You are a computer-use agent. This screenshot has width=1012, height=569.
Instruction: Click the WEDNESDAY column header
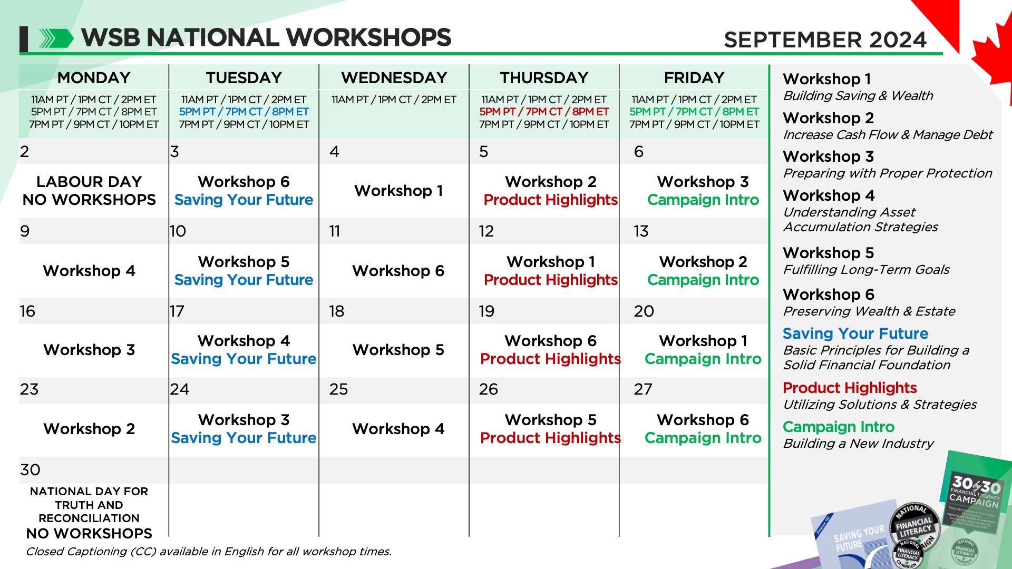click(394, 77)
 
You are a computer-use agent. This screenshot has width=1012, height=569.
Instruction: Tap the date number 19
click(486, 311)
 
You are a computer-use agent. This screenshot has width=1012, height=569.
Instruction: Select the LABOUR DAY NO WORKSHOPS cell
click(89, 191)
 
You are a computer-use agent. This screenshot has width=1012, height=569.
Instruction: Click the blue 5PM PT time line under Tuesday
click(244, 112)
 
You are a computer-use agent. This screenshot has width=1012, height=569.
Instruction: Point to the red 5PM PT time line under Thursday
click(544, 112)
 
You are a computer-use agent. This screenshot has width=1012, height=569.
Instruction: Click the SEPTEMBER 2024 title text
click(825, 40)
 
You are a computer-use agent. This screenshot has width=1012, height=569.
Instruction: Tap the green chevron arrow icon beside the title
click(56, 38)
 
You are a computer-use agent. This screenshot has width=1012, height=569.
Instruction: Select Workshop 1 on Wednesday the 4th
click(398, 191)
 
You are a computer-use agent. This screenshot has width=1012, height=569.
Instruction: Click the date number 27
click(643, 389)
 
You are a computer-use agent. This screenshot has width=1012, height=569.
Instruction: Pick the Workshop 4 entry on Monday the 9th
click(89, 271)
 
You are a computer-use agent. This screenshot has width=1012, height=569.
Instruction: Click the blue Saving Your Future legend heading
click(855, 333)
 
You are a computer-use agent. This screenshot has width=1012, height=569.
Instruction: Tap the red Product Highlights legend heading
click(850, 388)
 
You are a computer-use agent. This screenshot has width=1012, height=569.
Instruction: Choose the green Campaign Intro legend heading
click(838, 427)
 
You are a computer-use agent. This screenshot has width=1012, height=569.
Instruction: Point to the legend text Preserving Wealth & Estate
click(869, 311)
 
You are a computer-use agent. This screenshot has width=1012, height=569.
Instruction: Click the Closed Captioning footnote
click(209, 552)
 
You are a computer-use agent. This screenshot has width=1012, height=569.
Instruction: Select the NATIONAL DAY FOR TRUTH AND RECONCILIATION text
click(89, 505)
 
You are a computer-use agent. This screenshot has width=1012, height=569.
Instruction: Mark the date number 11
click(335, 231)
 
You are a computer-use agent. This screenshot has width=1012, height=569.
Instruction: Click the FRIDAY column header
click(694, 77)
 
